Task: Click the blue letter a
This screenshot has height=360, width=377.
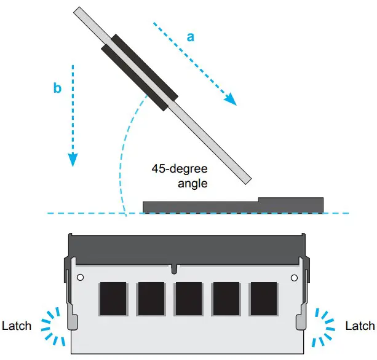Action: [x=191, y=37]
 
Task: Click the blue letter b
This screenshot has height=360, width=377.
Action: [x=57, y=88]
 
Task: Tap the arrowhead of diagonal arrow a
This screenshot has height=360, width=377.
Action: [x=230, y=100]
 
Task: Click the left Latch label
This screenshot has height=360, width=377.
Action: [x=17, y=326]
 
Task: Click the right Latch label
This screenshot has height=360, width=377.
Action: [x=360, y=326]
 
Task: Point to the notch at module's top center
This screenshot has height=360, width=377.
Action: [x=175, y=268]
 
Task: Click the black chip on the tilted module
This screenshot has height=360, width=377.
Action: [x=140, y=72]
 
